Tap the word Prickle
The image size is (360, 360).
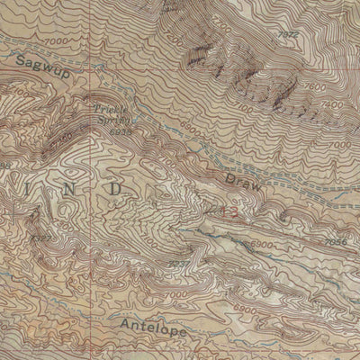111,108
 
